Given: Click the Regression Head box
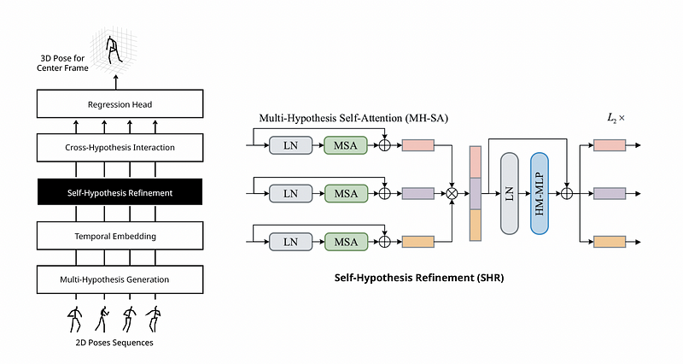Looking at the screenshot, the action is (x=120, y=103).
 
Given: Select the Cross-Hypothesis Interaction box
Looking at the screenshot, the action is (x=120, y=147).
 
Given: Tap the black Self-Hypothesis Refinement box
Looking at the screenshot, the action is (x=120, y=191).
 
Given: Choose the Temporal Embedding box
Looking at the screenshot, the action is (x=120, y=235).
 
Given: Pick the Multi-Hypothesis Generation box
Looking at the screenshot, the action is (x=120, y=279).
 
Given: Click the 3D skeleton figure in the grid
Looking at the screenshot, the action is (x=113, y=50).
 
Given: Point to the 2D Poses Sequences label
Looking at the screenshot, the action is (x=114, y=343).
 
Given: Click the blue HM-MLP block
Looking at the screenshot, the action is (x=540, y=194).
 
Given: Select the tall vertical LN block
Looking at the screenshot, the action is (x=509, y=194).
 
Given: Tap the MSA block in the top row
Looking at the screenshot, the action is (x=346, y=145).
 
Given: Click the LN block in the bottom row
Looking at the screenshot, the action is (x=290, y=242).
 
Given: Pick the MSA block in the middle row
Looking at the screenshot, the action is (x=346, y=194).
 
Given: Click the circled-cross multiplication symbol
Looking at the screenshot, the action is (x=452, y=194).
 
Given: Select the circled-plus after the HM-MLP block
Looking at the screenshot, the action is (x=566, y=194).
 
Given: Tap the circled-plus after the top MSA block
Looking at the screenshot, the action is (x=384, y=145).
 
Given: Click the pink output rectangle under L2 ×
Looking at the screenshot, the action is (x=610, y=145).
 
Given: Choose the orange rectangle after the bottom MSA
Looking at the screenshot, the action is (x=417, y=242).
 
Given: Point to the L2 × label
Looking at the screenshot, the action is (x=616, y=118).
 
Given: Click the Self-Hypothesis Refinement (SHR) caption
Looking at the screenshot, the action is (x=419, y=278).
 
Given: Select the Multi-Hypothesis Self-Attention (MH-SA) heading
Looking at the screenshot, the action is (x=353, y=118).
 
